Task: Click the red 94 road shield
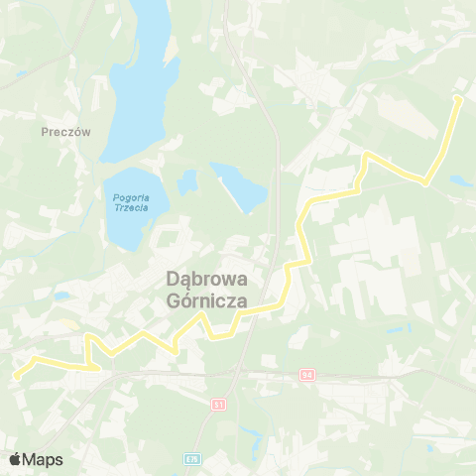[304, 375]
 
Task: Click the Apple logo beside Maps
[15, 459]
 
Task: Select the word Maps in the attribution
[43, 459]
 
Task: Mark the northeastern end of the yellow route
[457, 99]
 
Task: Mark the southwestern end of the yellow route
[17, 376]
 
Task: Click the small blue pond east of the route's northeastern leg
[458, 181]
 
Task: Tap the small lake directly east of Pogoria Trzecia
[187, 182]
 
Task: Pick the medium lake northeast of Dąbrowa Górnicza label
[240, 185]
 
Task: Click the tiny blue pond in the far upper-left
[21, 73]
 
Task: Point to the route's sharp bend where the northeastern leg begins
[425, 182]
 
